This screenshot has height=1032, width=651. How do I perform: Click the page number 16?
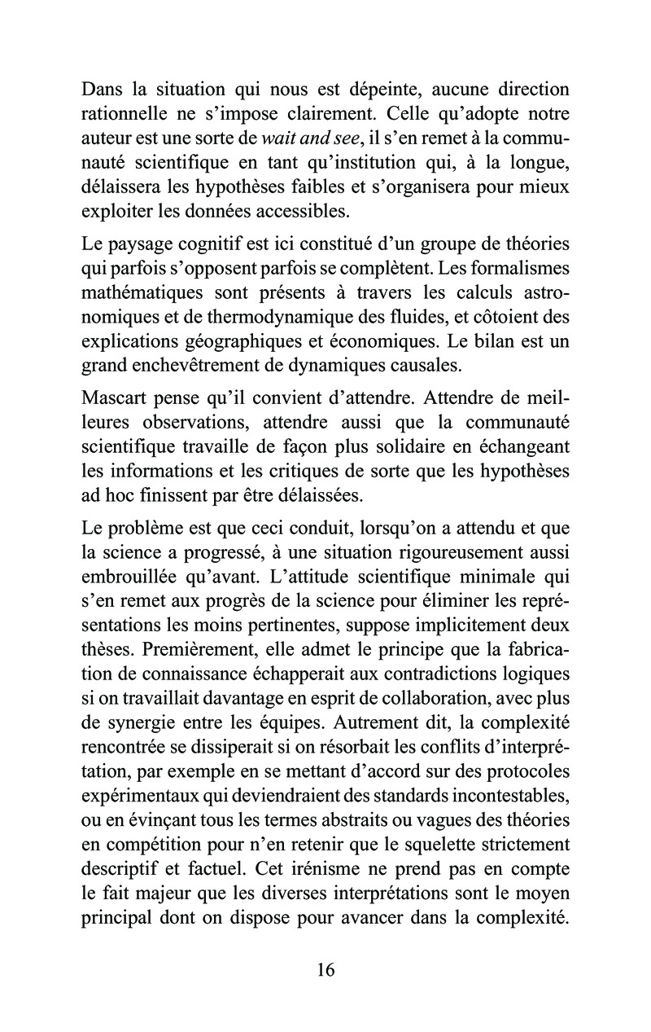click(x=325, y=969)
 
